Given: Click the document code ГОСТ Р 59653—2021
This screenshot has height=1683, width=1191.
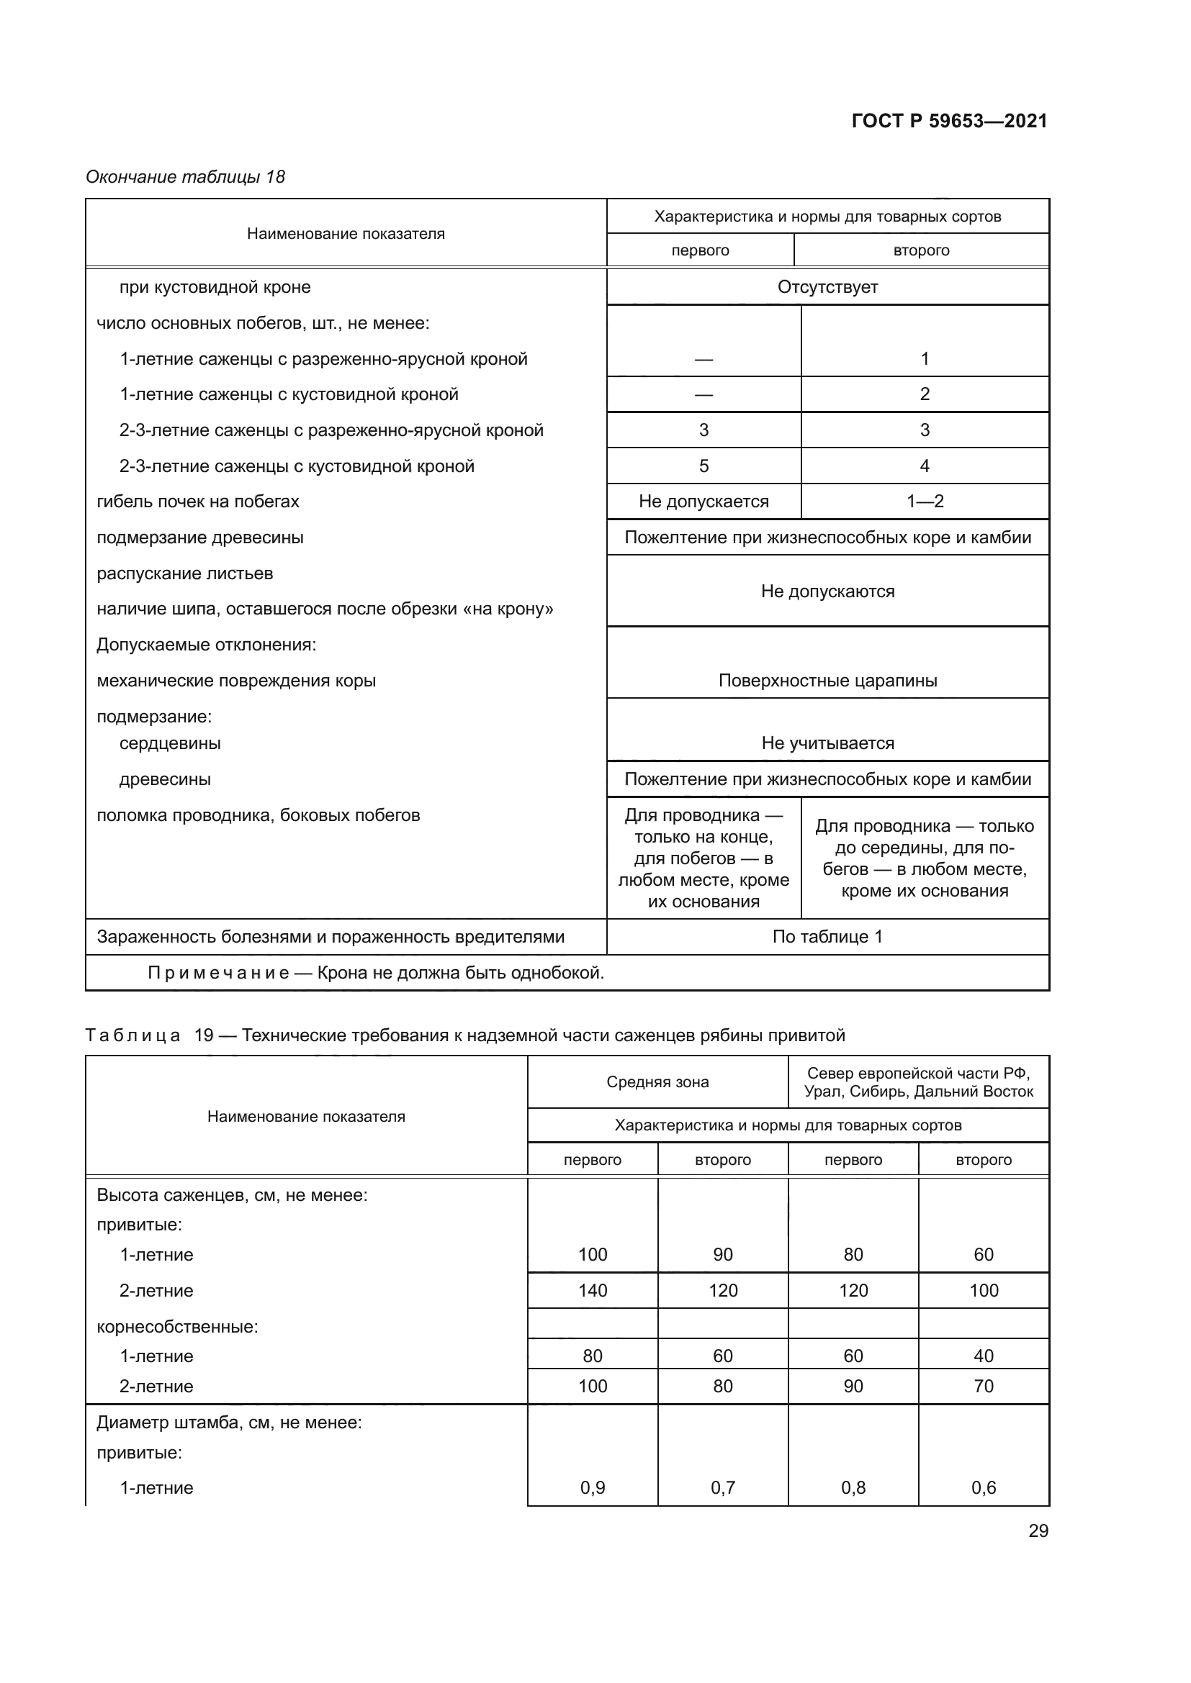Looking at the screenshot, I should click(949, 121).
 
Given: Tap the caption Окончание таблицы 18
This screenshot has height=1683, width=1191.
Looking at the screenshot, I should click(185, 177).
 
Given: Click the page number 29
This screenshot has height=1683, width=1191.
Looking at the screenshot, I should click(1038, 1530).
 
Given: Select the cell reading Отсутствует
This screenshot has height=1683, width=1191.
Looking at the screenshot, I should click(827, 286).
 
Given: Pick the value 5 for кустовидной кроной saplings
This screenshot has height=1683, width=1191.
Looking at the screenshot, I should click(704, 466).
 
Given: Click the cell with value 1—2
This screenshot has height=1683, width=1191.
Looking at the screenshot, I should click(924, 502).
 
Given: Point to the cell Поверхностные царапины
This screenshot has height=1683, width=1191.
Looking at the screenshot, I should click(827, 680).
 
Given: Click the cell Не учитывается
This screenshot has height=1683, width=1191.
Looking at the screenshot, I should click(827, 743).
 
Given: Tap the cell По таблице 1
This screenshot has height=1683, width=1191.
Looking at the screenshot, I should click(827, 936).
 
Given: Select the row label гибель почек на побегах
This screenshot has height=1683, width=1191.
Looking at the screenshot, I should click(198, 502).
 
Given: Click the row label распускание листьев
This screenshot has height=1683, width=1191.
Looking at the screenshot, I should click(185, 573).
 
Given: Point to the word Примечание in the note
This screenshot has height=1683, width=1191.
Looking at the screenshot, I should click(219, 973).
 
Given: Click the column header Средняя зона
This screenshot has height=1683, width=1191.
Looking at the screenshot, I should click(657, 1082).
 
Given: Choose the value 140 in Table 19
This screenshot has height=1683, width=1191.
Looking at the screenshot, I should click(593, 1290).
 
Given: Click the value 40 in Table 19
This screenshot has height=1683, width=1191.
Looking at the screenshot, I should click(983, 1356).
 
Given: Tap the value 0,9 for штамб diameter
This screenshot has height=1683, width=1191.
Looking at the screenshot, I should click(593, 1487).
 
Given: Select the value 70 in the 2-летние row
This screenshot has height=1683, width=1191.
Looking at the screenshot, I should click(983, 1385).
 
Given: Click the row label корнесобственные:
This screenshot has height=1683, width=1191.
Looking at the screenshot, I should click(177, 1327).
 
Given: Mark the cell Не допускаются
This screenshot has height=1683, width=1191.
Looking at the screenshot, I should click(827, 591).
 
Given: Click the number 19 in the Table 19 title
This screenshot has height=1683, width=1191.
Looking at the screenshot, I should click(204, 1035).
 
